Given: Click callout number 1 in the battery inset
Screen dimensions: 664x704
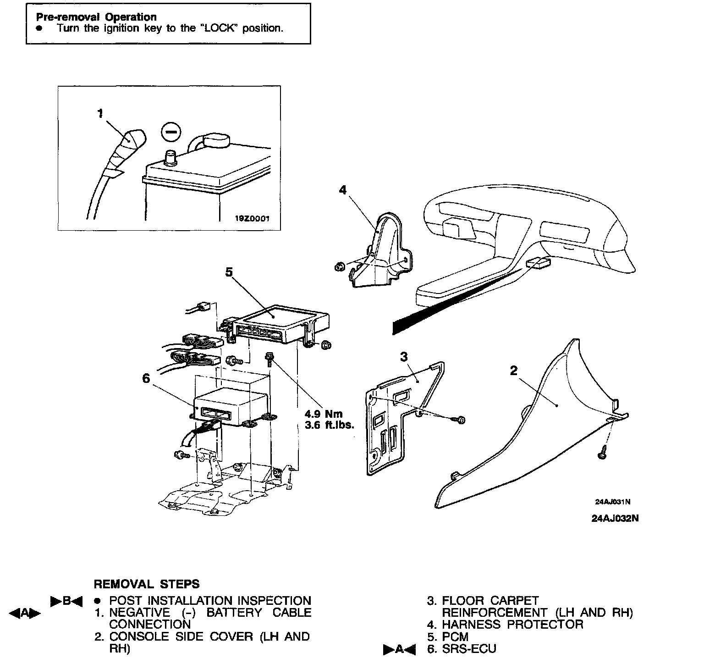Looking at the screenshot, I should pos(100,113).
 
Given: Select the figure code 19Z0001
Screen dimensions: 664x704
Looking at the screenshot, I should pos(252,219).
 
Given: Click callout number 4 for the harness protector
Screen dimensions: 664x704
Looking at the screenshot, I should pos(343,189).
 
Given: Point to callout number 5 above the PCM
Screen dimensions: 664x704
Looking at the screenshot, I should pos(229,272).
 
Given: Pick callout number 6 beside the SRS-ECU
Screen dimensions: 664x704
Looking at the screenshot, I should pos(146,378).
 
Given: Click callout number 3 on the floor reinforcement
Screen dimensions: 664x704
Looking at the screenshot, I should pos(404,356).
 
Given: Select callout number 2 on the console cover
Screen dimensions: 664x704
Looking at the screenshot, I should pos(514,370).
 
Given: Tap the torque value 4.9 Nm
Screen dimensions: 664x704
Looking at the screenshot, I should pos(324,414).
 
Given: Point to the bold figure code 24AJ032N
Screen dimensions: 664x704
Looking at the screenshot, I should pos(615,519).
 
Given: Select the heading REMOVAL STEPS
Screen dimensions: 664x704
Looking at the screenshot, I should pos(147,584).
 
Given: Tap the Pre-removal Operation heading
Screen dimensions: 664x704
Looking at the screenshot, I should pos(96,17).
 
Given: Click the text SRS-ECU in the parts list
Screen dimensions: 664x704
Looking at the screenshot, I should pos(469,649).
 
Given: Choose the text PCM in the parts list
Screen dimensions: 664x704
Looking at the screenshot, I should pos(455,637).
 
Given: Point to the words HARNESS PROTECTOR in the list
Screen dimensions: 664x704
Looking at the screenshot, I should pos(512,625).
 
